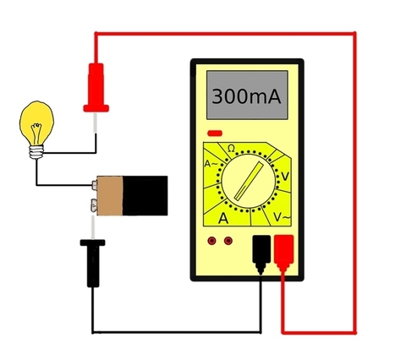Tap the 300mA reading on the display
[246, 96]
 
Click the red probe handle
[96, 87]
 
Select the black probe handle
[93, 263]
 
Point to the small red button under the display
[215, 133]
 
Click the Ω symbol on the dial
[231, 148]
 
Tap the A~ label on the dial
[211, 164]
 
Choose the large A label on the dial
[223, 218]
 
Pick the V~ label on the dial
[282, 217]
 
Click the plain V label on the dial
[285, 177]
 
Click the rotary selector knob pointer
[249, 182]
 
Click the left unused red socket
[211, 241]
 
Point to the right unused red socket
[228, 241]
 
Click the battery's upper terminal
[95, 185]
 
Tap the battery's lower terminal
[93, 205]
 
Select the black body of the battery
[145, 196]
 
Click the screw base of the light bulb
[36, 152]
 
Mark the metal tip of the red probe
[96, 123]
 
